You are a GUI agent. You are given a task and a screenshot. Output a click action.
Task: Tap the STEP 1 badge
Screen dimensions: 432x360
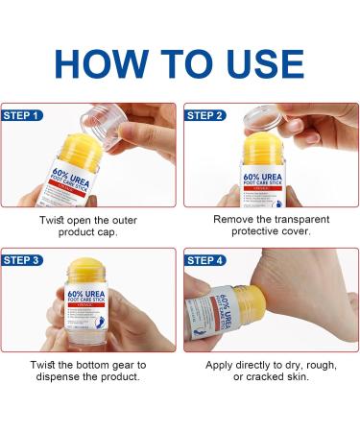point(25,114)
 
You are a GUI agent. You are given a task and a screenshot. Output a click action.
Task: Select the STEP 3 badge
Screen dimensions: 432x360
point(25,259)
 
